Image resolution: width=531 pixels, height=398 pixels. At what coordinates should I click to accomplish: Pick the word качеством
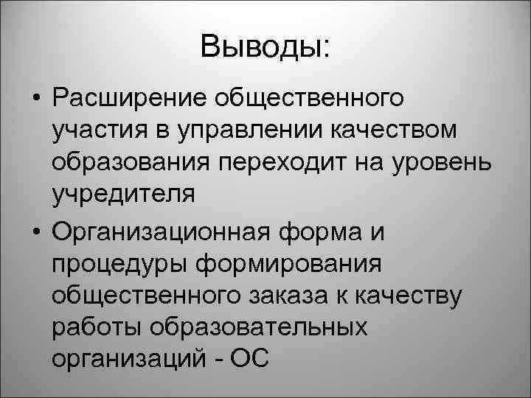tap(393, 130)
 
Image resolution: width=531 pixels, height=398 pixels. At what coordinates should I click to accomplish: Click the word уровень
tap(444, 163)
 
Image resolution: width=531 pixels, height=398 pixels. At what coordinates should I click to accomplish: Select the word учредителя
tap(124, 195)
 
